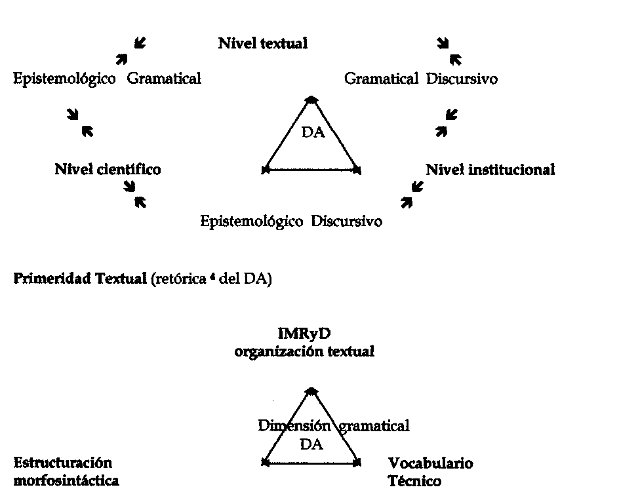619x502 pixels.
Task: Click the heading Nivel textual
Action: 262,44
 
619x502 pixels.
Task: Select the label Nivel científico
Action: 108,169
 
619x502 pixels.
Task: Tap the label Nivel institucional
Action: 490,169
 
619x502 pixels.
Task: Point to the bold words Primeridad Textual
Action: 79,280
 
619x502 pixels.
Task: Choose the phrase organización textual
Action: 304,351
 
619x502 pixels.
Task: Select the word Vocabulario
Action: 430,463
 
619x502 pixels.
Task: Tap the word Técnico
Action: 414,481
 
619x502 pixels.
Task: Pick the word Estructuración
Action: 63,463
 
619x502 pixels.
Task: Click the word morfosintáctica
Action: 66,481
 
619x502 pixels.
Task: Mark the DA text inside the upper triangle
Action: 312,133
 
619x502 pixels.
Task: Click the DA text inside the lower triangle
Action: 311,444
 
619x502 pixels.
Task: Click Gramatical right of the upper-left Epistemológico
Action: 164,79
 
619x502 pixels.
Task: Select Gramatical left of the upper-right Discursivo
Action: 381,79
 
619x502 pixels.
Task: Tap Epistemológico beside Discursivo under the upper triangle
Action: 251,221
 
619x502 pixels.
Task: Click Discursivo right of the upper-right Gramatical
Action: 462,79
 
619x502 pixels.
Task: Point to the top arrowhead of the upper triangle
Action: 312,98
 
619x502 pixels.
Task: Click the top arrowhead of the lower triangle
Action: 312,391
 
